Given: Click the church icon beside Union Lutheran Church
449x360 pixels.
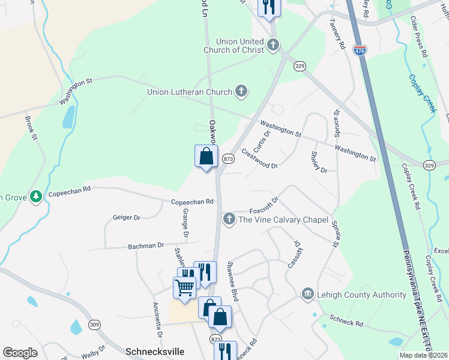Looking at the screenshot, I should click(241, 92).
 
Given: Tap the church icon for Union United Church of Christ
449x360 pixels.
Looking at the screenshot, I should click(273, 44).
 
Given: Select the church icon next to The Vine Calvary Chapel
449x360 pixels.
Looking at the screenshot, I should click(229, 220).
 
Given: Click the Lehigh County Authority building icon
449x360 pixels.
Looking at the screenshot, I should click(307, 294).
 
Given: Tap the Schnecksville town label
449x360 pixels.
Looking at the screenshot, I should click(154, 351).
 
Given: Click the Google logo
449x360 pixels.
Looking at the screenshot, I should click(20, 352).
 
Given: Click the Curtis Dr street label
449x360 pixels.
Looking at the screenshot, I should click(262, 142).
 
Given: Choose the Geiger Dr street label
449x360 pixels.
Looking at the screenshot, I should click(126, 218).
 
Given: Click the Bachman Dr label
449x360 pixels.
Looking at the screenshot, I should click(145, 245).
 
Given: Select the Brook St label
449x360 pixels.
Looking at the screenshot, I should click(31, 128).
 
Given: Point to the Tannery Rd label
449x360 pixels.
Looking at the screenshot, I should click(337, 33).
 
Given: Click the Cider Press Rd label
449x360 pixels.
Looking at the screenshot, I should click(418, 37).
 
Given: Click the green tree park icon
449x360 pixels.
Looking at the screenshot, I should click(37, 196).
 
